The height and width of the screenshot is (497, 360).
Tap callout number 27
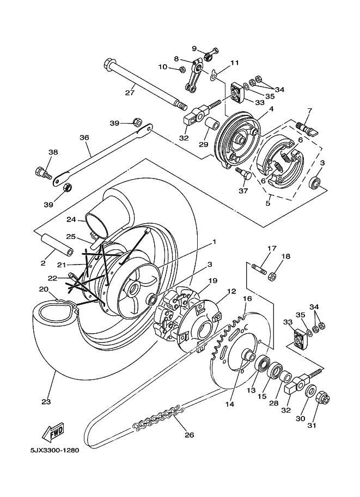[129, 93]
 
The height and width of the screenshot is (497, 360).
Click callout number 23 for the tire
[45, 402]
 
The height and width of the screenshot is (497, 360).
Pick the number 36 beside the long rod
[84, 138]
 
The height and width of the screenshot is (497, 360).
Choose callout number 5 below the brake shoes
[267, 204]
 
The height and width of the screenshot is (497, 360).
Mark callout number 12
[231, 291]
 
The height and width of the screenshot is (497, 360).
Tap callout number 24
[70, 220]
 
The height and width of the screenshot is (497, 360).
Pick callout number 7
[309, 112]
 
